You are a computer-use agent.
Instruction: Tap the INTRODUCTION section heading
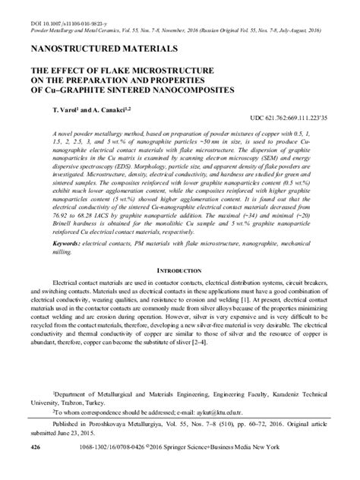point(180,270)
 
